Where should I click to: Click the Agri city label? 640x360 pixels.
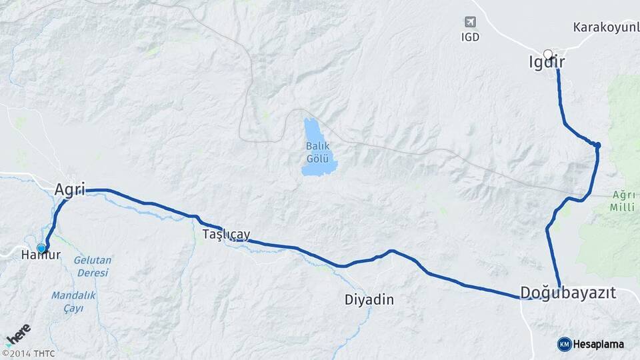pyautogui.click(x=69, y=189)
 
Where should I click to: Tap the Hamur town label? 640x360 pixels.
pyautogui.click(x=41, y=255)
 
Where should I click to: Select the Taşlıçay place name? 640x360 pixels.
pyautogui.click(x=227, y=234)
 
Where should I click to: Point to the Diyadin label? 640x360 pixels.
pyautogui.click(x=369, y=300)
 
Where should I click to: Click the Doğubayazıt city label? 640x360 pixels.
pyautogui.click(x=568, y=293)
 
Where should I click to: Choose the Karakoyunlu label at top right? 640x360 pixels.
pyautogui.click(x=605, y=27)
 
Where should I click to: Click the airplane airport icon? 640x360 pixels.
pyautogui.click(x=471, y=22)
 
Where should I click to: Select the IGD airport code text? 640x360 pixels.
pyautogui.click(x=470, y=37)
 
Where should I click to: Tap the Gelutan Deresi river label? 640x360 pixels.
pyautogui.click(x=93, y=267)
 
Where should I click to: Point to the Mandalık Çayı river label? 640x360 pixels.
pyautogui.click(x=74, y=301)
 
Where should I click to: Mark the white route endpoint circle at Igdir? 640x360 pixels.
pyautogui.click(x=548, y=54)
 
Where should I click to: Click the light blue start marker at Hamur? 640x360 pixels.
pyautogui.click(x=41, y=249)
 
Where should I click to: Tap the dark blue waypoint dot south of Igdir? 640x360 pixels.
pyautogui.click(x=598, y=145)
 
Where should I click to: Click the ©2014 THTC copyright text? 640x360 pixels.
pyautogui.click(x=29, y=353)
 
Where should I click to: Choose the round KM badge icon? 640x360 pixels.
pyautogui.click(x=564, y=344)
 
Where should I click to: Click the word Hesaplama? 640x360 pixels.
pyautogui.click(x=598, y=344)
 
